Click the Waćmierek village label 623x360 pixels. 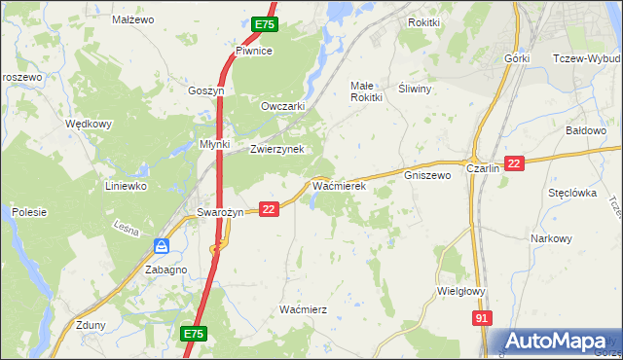[338, 184]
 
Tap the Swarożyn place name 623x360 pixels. [219, 212]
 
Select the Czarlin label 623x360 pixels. [483, 167]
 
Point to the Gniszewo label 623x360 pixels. [427, 176]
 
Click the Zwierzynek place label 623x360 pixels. [277, 149]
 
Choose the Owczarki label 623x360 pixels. [284, 106]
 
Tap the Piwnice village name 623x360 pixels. [253, 51]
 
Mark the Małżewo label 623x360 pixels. [133, 18]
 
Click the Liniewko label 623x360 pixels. [126, 185]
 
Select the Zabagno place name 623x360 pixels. [165, 270]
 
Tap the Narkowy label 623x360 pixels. [551, 238]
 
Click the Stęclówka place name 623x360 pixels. [571, 193]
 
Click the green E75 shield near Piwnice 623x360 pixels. [263, 24]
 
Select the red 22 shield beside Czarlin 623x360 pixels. [515, 164]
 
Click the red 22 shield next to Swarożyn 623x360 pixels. [270, 208]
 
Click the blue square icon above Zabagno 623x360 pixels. [162, 247]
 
